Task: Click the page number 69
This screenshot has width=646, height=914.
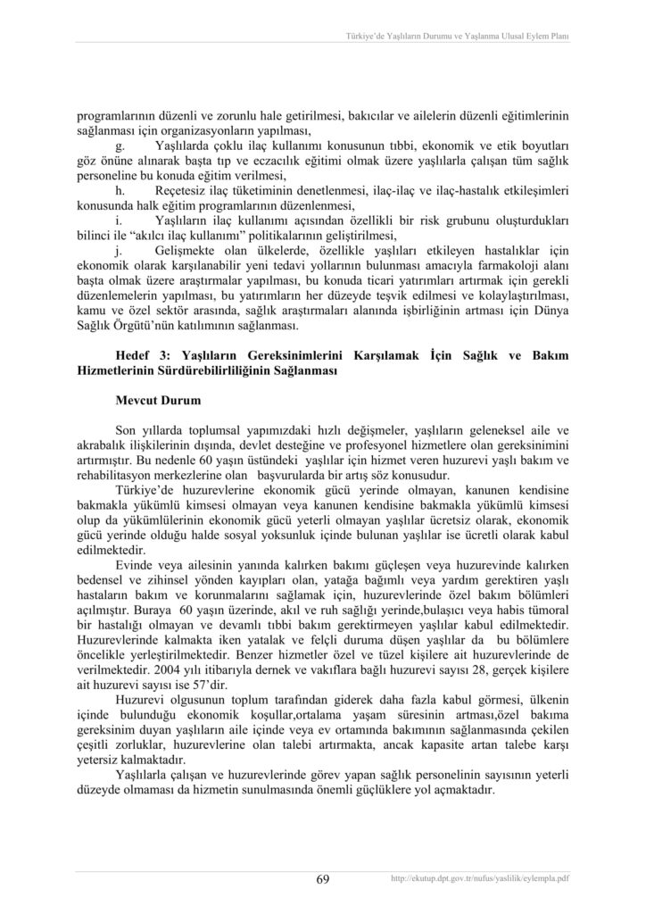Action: tap(323, 879)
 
